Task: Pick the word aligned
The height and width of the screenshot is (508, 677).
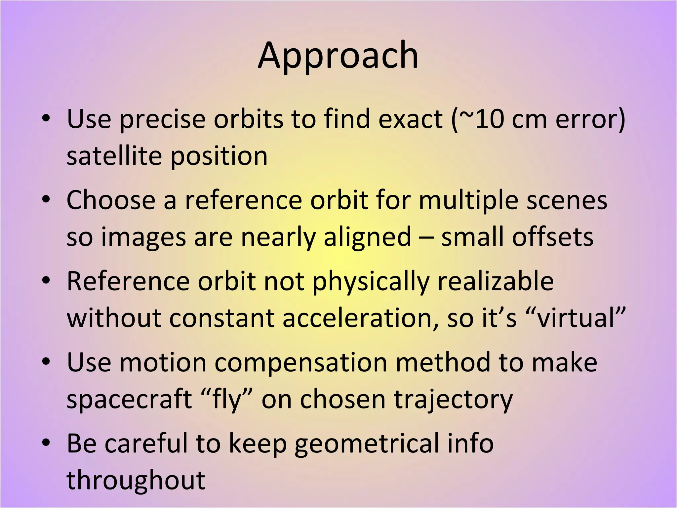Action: click(x=367, y=237)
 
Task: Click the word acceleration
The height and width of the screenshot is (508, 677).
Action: click(x=361, y=318)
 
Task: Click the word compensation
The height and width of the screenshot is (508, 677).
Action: click(x=301, y=362)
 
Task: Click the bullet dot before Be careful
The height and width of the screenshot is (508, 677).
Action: click(x=46, y=442)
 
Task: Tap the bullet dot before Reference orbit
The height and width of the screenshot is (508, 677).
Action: click(x=46, y=280)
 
